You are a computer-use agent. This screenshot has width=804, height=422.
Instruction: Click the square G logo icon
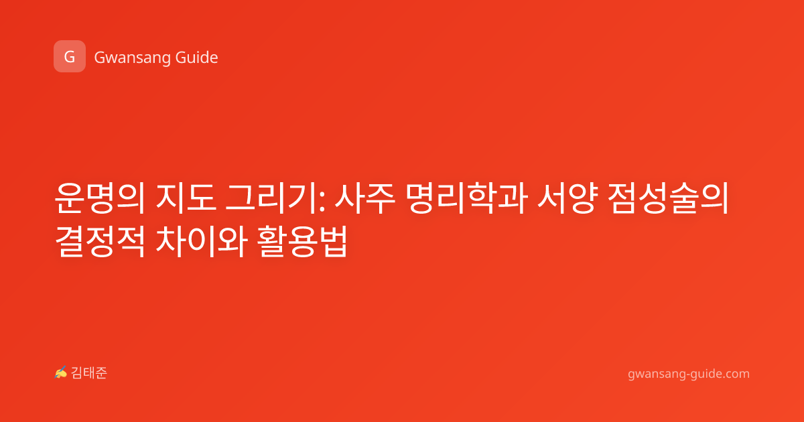(70, 56)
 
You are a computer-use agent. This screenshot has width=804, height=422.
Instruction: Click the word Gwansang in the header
(132, 58)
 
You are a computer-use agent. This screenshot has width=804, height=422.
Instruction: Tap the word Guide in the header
(197, 57)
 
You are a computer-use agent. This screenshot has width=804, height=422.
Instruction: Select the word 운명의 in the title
(100, 198)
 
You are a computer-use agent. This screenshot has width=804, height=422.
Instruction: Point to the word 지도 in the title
(186, 198)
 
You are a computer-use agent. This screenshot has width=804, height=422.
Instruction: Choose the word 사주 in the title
(365, 198)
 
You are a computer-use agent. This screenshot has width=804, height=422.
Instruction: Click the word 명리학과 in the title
(467, 198)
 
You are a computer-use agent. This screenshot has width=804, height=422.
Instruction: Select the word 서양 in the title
(567, 198)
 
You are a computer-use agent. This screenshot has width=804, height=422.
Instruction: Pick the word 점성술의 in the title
(669, 198)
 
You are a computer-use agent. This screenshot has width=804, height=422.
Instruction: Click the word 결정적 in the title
(100, 241)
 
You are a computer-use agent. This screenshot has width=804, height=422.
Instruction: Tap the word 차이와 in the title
(202, 241)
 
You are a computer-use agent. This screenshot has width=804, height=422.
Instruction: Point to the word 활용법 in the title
(303, 241)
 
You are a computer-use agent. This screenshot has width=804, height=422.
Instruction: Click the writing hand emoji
(61, 372)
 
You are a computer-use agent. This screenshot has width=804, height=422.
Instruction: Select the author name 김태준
(89, 373)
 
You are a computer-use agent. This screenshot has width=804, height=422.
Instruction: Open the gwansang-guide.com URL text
(689, 374)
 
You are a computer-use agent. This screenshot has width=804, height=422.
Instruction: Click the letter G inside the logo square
(70, 57)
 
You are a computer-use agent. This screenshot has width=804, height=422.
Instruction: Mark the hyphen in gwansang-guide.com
(687, 374)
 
